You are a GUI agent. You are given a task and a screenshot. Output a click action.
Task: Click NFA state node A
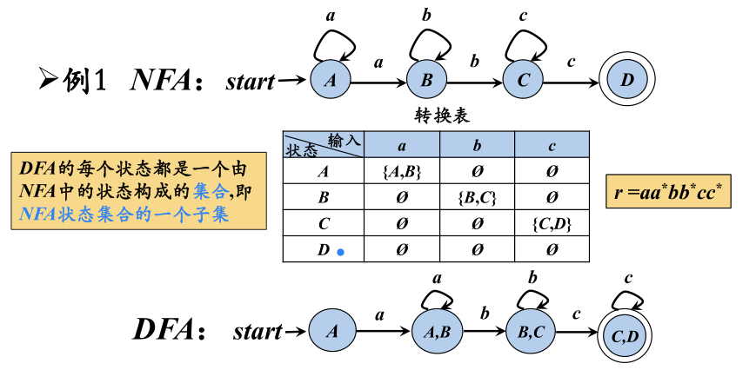point(330,82)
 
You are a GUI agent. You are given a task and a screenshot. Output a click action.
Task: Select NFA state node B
point(426,82)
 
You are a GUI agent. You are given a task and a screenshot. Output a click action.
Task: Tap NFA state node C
point(523,82)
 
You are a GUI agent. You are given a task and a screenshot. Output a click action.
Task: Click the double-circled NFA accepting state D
point(627,82)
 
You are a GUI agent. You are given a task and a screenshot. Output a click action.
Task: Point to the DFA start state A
point(330,331)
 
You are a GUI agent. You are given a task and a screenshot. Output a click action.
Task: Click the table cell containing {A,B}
point(401,172)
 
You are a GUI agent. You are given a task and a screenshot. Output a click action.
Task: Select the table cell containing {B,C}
point(476,197)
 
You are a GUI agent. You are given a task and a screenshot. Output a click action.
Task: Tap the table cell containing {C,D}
point(552,223)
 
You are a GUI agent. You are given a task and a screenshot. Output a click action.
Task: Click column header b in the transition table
point(476,144)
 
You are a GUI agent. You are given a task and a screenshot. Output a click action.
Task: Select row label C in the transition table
point(323,223)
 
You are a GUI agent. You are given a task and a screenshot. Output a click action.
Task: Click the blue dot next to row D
point(341,252)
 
